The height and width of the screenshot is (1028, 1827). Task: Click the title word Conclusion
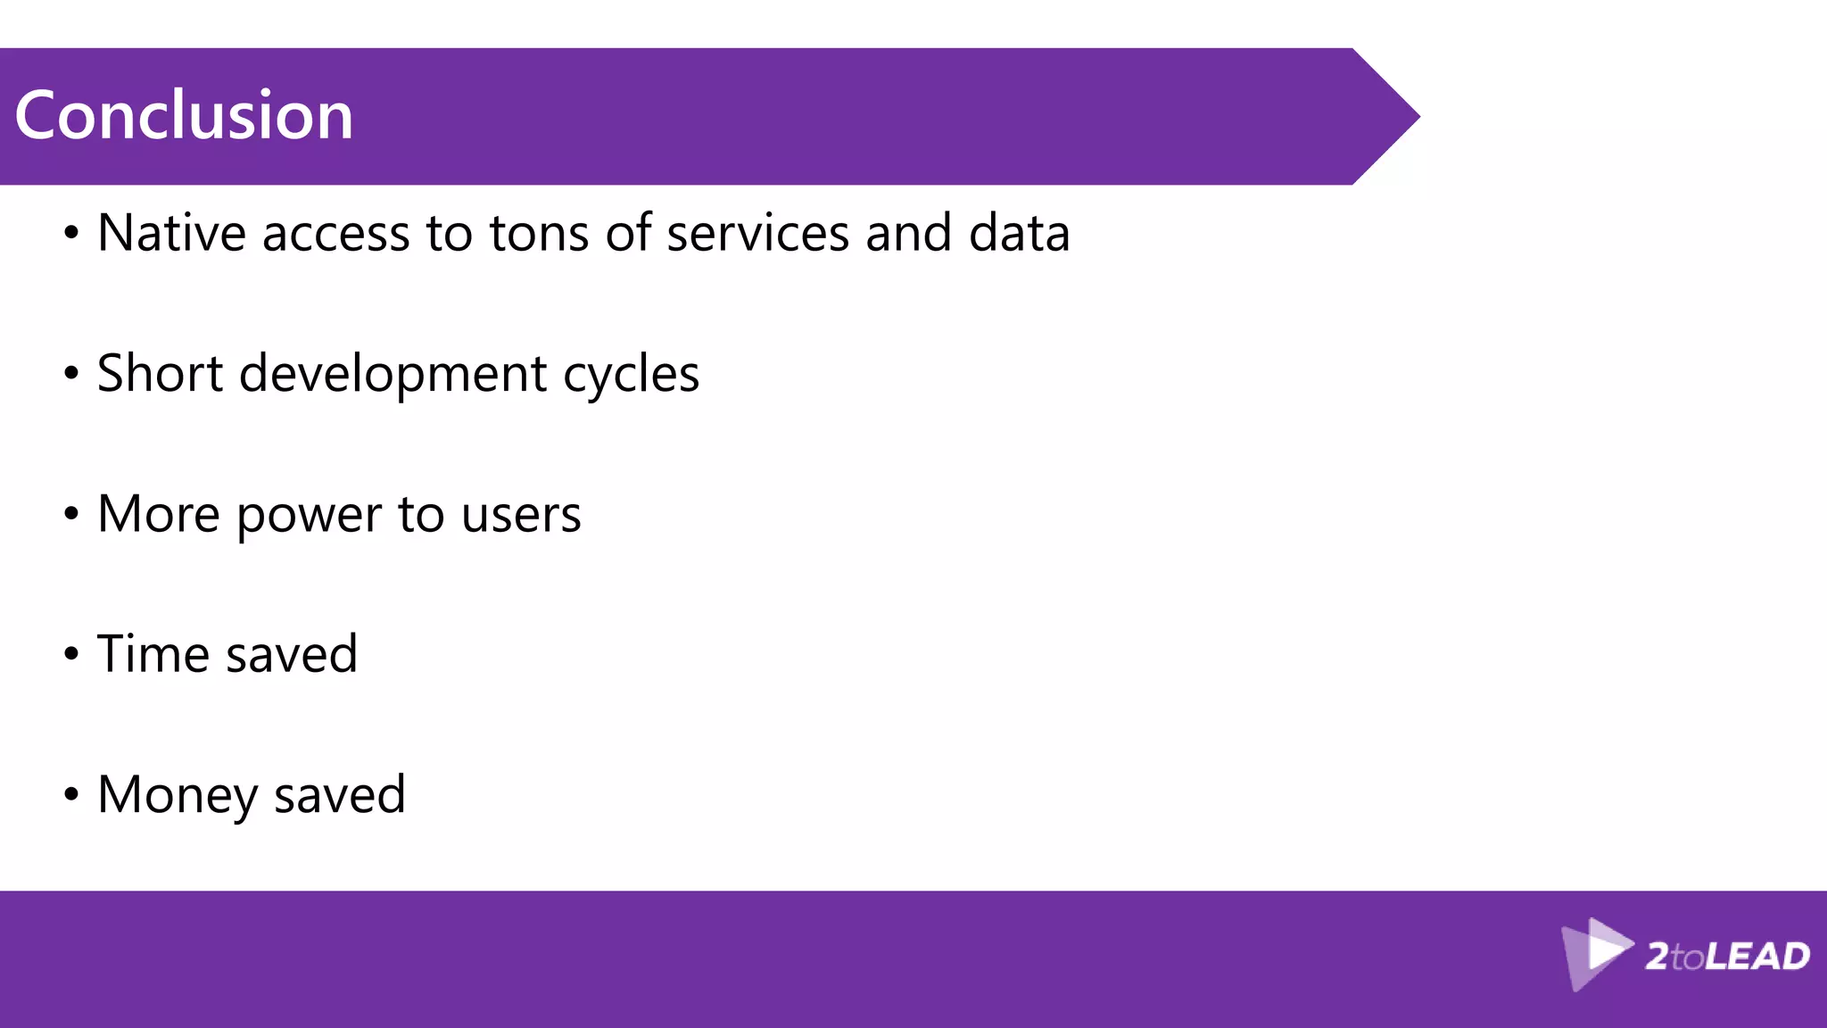[184, 115]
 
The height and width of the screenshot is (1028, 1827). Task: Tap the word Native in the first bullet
[171, 233]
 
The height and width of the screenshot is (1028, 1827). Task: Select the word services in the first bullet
[757, 233]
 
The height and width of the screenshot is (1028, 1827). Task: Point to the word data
[1019, 233]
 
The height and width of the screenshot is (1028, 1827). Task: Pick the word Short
[160, 373]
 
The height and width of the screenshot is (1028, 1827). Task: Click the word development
[393, 373]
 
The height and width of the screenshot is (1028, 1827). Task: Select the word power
[309, 515]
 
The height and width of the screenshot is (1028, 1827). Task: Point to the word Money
[177, 794]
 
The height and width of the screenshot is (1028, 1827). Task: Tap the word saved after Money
[339, 794]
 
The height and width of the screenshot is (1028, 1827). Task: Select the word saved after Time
[292, 653]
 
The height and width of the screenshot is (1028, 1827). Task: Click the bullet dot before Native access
[71, 234]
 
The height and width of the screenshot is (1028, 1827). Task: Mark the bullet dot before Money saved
[71, 794]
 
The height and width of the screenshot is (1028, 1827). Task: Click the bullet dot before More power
[71, 514]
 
